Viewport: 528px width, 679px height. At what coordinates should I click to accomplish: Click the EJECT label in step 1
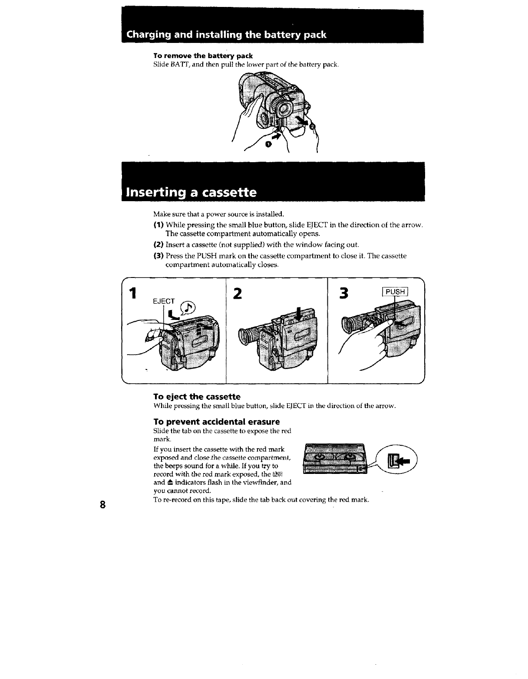[x=164, y=301]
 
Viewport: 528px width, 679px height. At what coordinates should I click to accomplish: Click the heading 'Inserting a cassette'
[x=191, y=192]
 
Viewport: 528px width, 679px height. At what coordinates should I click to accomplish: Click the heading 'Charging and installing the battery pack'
[x=226, y=35]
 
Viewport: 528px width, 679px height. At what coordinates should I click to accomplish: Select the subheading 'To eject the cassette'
[x=197, y=397]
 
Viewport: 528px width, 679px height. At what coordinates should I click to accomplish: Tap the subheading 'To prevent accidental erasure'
[x=217, y=422]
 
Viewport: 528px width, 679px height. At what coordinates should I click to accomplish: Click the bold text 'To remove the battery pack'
[x=203, y=56]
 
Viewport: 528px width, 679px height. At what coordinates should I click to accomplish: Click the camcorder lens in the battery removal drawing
[x=281, y=105]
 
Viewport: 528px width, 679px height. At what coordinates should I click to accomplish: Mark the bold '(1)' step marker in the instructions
[x=158, y=225]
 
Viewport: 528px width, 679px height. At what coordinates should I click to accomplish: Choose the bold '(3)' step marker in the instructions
[x=158, y=256]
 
